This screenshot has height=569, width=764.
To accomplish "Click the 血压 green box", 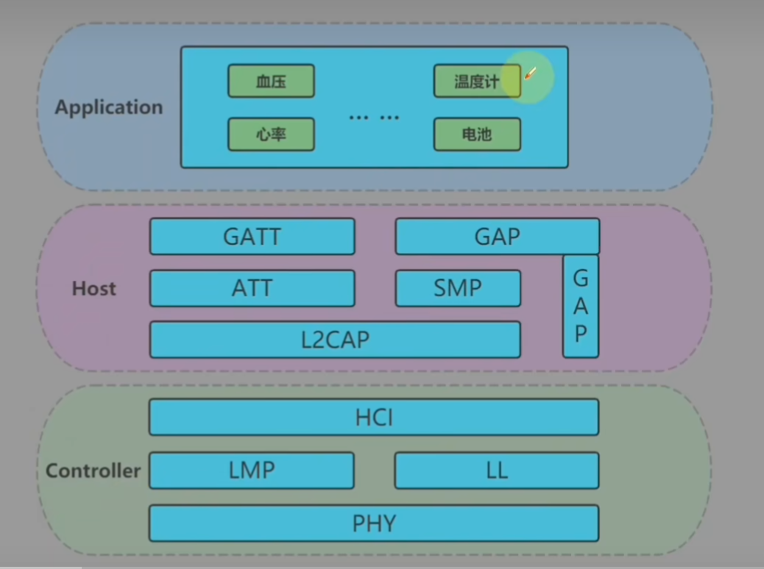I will tap(271, 81).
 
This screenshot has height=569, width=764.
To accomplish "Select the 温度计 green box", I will tap(477, 81).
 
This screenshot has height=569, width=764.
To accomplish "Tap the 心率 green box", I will tap(271, 135).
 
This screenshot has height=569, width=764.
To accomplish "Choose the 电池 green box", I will tap(477, 135).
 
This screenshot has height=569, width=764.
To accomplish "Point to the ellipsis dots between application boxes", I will tap(374, 117).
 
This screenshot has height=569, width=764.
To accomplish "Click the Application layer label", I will tap(109, 107).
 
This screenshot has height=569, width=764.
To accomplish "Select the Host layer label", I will tap(94, 288).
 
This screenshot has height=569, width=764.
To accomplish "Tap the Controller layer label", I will tap(93, 470).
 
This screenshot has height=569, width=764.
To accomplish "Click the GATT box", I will tap(252, 237).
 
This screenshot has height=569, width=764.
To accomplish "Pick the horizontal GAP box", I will tap(498, 237).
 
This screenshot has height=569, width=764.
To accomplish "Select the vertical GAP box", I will tap(581, 306).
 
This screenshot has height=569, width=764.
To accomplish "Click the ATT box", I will tap(252, 288).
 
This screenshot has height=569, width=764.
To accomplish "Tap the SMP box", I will tap(458, 288).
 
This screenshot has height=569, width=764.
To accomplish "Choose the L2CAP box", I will tap(335, 340).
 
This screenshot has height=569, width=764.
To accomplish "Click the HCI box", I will tap(374, 418).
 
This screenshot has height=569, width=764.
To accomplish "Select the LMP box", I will tap(252, 470).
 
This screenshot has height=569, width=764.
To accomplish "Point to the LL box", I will tap(497, 470).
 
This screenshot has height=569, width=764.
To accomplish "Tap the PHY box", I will tap(374, 523).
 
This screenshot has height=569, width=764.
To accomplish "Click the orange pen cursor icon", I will tap(530, 74).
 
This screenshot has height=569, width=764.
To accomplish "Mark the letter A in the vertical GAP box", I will tap(581, 306).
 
